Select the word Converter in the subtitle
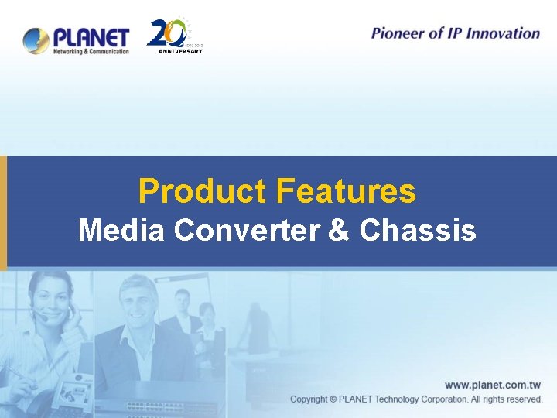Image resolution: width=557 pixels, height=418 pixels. [248, 230]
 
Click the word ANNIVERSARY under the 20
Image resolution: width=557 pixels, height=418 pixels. [180, 51]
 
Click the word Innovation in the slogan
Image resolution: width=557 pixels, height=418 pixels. [504, 33]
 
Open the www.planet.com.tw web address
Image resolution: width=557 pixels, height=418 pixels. [492, 385]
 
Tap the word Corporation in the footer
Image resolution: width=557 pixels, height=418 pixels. [438, 399]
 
